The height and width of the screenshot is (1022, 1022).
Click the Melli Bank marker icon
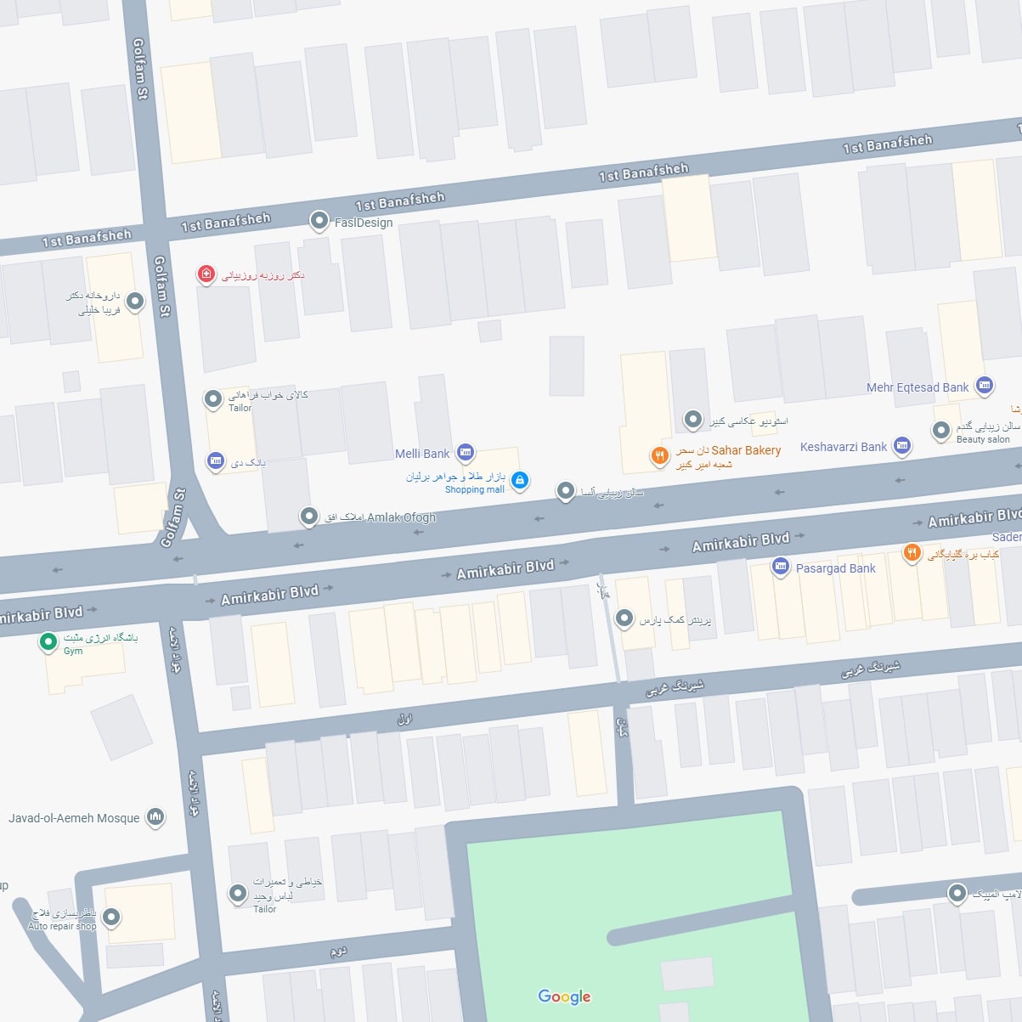pos(466,453)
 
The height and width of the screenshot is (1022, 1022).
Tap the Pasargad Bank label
pos(835,568)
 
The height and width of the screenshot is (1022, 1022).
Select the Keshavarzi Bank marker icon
pos(902,445)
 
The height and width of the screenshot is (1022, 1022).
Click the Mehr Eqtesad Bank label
pos(918,387)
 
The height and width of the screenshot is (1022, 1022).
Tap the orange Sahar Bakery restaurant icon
pos(659,456)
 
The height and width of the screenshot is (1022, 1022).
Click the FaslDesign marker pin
pos(319,221)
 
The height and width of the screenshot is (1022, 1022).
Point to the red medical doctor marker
pos(206,274)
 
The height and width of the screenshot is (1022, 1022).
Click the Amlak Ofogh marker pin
pos(309,516)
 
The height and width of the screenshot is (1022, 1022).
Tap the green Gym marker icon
pos(49,641)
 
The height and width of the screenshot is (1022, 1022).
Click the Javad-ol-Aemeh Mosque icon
pos(155,817)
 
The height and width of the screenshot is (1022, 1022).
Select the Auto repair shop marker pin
pos(111,918)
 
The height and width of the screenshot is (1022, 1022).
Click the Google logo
pos(564,997)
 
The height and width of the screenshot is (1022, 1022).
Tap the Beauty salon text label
pos(983,439)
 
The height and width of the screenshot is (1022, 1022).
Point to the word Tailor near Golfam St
pos(240,408)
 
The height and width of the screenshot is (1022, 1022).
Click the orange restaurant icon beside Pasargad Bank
pos(912,553)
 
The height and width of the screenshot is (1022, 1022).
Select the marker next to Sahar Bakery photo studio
pos(693,419)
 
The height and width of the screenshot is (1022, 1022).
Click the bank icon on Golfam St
pos(216,460)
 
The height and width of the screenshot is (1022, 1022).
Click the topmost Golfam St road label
pos(139,69)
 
